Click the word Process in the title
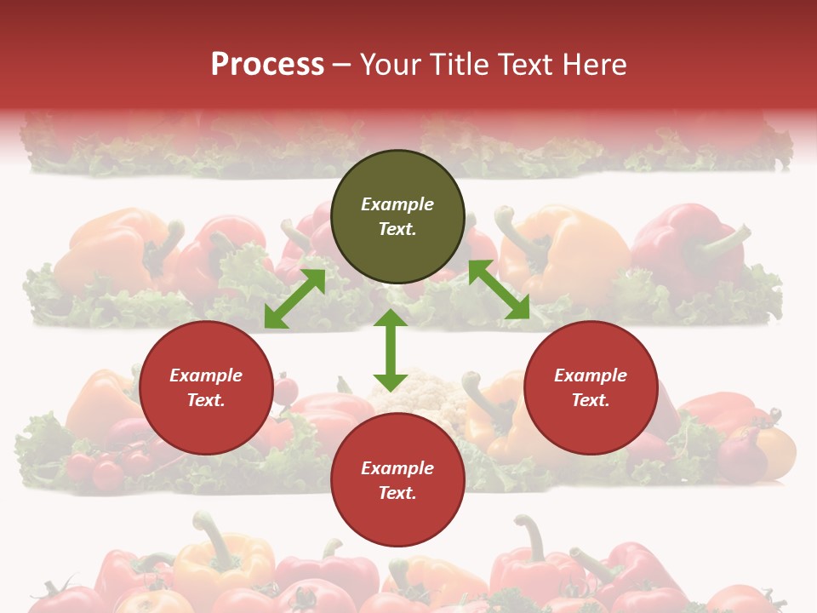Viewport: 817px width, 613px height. [267, 65]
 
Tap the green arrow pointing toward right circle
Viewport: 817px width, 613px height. [499, 289]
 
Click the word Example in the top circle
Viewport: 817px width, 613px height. [397, 204]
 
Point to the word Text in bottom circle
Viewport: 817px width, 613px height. [397, 493]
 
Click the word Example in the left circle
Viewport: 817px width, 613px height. [206, 375]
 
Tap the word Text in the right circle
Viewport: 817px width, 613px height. [590, 400]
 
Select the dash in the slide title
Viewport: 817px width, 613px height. [342, 66]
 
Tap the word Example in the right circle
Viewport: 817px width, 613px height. [591, 375]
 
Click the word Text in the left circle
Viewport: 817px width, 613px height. [205, 400]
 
